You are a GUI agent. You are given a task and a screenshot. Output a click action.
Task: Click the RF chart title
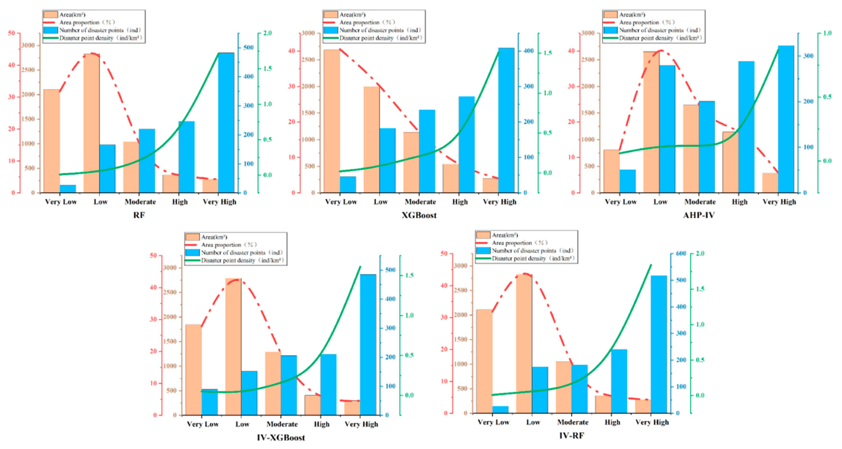tap(139, 215)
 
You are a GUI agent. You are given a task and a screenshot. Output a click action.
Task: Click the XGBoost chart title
tap(419, 215)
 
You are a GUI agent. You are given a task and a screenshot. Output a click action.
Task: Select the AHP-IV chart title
tap(699, 215)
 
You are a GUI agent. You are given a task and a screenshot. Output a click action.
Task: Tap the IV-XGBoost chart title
tap(281, 438)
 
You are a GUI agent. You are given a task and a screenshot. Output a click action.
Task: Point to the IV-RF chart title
tap(571, 436)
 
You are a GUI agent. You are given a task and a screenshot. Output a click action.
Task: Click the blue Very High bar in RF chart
tap(226, 123)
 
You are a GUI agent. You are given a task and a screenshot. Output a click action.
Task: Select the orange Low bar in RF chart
tap(91, 124)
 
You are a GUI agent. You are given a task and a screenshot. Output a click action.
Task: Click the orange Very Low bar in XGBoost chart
tap(332, 121)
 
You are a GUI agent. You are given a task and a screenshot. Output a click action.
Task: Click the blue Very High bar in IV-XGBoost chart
tap(368, 345)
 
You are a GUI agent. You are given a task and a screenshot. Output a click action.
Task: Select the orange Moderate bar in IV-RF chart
tap(563, 387)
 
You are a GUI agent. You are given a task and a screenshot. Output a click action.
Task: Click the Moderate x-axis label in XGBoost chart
tap(420, 202)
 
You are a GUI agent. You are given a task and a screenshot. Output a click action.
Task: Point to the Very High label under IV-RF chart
tap(652, 422)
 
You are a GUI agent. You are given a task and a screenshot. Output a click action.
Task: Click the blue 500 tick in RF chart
tap(248, 48)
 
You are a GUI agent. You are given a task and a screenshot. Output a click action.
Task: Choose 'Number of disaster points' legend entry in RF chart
tap(100, 30)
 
